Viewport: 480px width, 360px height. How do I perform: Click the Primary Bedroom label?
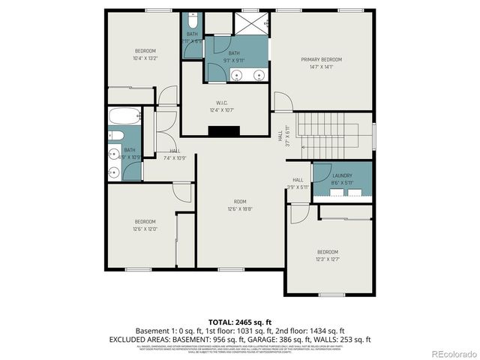tap(322, 59)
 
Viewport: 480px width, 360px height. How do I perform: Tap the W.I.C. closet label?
tap(222, 103)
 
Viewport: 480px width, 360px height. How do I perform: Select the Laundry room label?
tap(342, 175)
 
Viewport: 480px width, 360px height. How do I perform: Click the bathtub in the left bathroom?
tap(124, 117)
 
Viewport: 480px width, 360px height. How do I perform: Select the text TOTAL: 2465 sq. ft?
tap(240, 320)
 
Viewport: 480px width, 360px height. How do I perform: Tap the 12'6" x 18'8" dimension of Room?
tap(240, 209)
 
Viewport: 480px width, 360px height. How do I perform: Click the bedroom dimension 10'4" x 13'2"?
tap(145, 58)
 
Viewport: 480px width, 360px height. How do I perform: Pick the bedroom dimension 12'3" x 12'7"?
tap(328, 259)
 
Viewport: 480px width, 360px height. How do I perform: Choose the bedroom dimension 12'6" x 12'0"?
tap(145, 229)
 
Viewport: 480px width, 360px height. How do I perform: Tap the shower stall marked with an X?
tap(250, 22)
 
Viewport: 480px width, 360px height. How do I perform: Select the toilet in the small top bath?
tap(193, 18)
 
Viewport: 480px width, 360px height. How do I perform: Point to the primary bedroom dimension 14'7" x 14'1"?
tap(322, 67)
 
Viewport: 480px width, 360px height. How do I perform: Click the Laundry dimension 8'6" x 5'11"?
tap(342, 182)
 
